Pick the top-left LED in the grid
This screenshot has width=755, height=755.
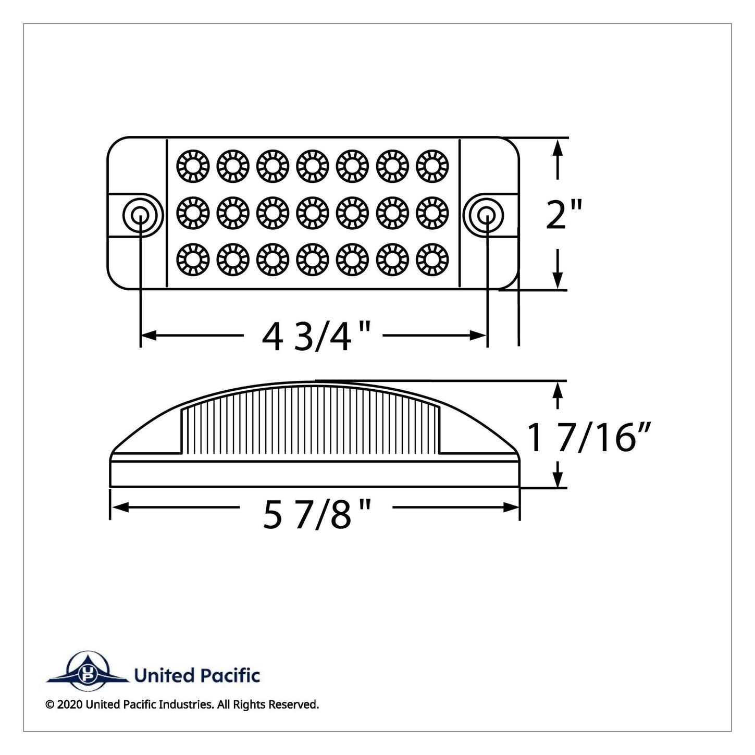click(x=193, y=166)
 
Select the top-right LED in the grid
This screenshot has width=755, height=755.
click(x=432, y=166)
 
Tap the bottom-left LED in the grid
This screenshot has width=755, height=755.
click(x=193, y=260)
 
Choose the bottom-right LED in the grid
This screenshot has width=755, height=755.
click(x=432, y=260)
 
